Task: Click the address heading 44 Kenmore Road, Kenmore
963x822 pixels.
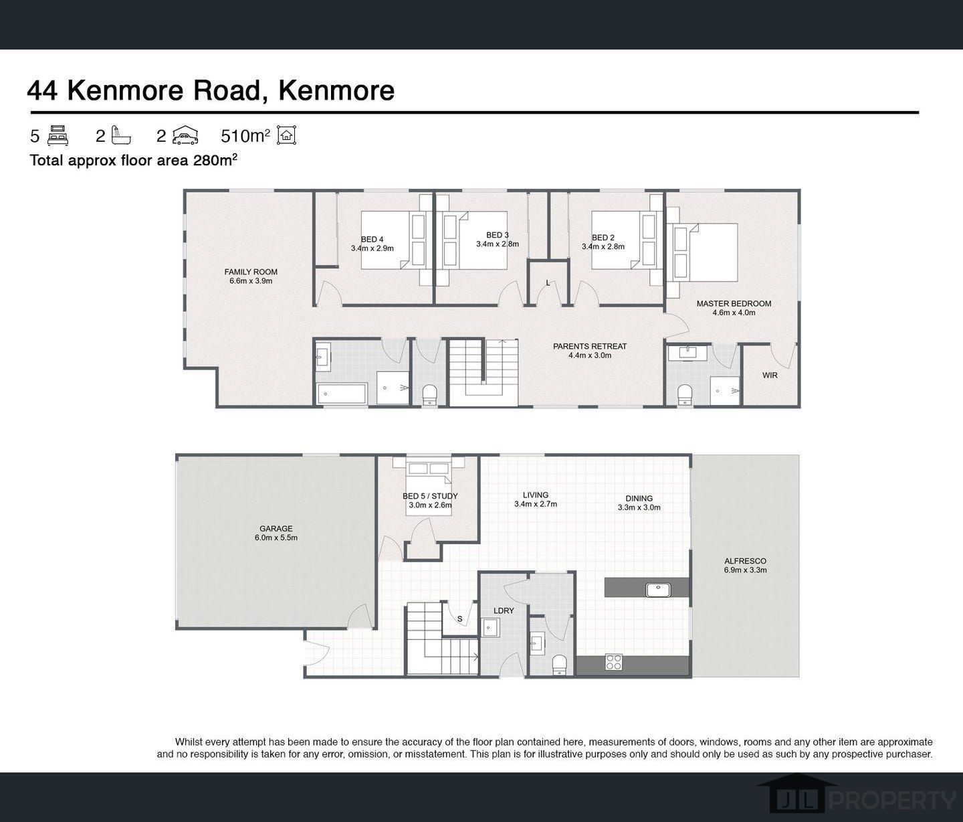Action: point(211,90)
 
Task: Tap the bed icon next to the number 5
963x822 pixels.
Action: point(58,136)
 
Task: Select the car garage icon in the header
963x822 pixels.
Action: point(185,136)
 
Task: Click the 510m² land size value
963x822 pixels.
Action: point(245,136)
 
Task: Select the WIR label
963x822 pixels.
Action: point(770,376)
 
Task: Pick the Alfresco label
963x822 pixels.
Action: point(745,566)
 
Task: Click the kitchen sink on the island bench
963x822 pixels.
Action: point(658,590)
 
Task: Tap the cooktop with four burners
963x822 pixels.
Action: point(614,662)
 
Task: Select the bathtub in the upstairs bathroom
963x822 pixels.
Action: point(342,394)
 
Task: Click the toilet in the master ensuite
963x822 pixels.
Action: point(685,394)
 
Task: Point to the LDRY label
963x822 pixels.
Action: point(504,610)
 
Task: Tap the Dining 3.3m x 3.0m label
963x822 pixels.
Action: point(639,503)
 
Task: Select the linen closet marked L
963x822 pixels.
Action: point(548,283)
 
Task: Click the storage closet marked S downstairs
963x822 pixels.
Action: point(459,619)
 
